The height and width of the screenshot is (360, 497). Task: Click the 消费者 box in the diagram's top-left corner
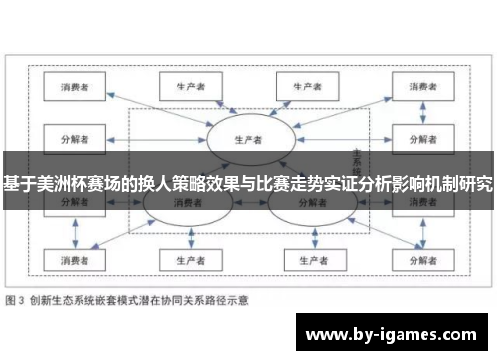click(x=77, y=88)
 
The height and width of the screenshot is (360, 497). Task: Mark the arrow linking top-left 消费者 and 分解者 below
click(x=77, y=111)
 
